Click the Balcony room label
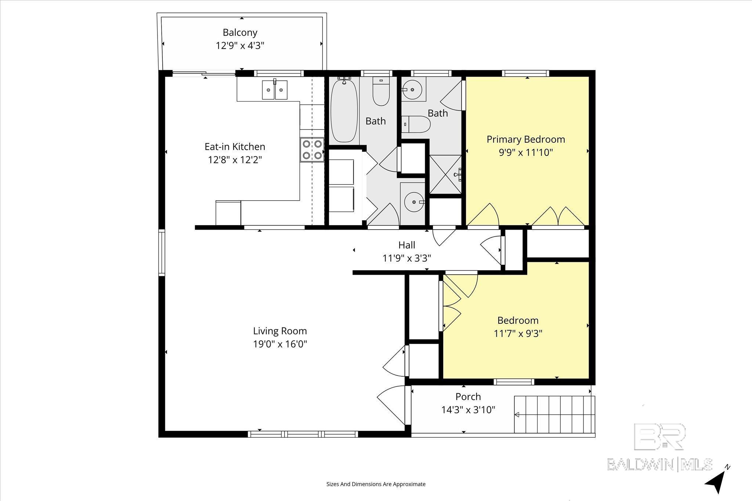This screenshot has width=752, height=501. pyautogui.click(x=240, y=33)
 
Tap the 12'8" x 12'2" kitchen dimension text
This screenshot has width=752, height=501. pyautogui.click(x=235, y=160)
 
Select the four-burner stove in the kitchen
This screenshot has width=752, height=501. pyautogui.click(x=312, y=150)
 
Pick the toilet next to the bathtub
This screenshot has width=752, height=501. pyautogui.click(x=381, y=91)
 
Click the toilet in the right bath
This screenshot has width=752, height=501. pyautogui.click(x=416, y=124)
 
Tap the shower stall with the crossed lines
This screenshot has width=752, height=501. pyautogui.click(x=445, y=175)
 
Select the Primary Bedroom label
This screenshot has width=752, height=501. pyautogui.click(x=525, y=139)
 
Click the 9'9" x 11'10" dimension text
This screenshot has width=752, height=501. pyautogui.click(x=525, y=153)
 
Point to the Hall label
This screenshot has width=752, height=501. pyautogui.click(x=407, y=245)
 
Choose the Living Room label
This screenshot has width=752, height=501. pyautogui.click(x=280, y=331)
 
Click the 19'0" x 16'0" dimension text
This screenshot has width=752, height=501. pyautogui.click(x=280, y=344)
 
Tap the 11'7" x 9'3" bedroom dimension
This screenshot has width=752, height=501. pyautogui.click(x=518, y=334)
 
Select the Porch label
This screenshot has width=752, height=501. pyautogui.click(x=468, y=397)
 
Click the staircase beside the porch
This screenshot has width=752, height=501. pyautogui.click(x=554, y=414)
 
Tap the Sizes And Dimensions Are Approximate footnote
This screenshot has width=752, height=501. pyautogui.click(x=376, y=484)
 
